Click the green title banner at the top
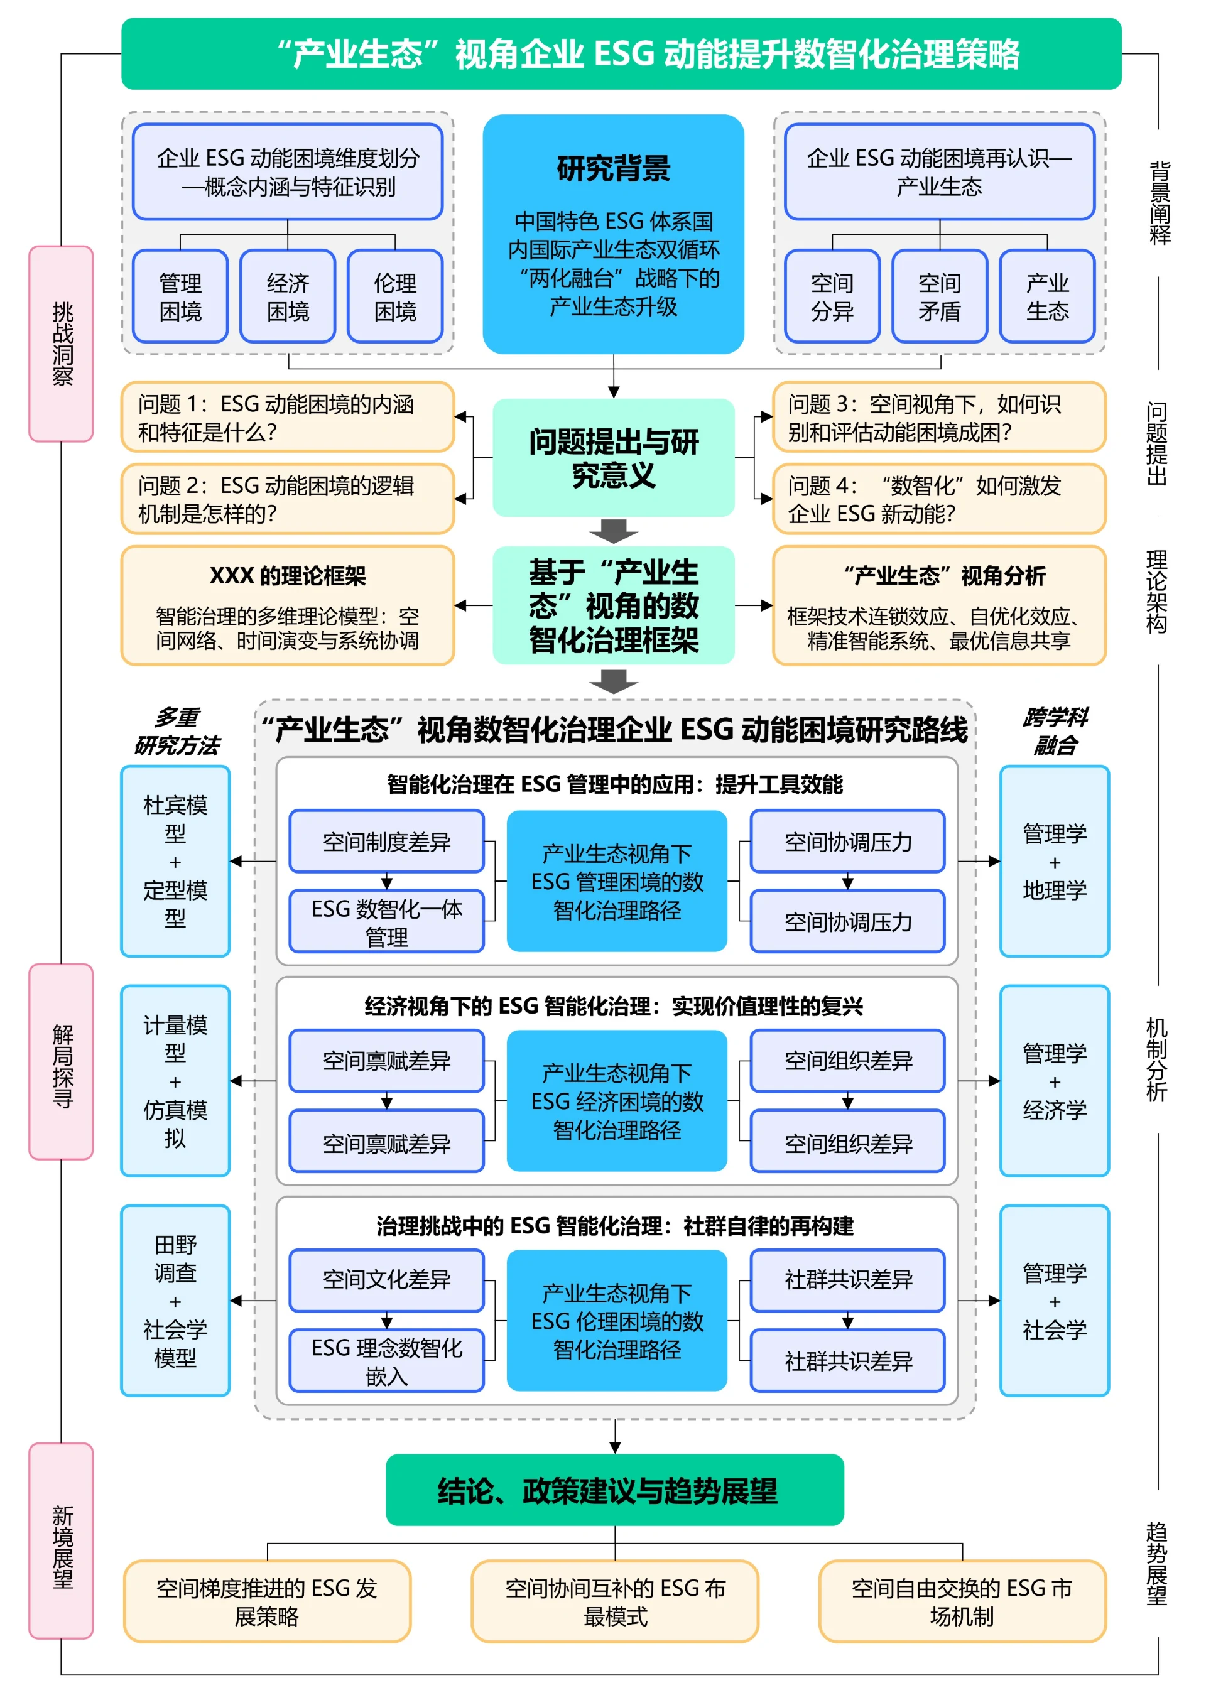tap(621, 53)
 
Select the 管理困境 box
tap(180, 296)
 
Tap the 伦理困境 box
tap(395, 296)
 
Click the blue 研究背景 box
tap(614, 234)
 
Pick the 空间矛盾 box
tap(940, 296)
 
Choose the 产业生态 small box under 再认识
tap(1047, 296)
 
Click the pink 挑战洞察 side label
tap(62, 344)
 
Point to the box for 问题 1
tap(288, 418)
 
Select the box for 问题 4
tap(938, 499)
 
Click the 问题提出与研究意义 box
tap(614, 457)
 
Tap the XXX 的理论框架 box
tap(288, 606)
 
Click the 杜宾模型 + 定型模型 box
tap(175, 862)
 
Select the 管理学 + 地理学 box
tap(1055, 862)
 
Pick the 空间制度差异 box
tap(386, 842)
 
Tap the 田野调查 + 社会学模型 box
tap(175, 1301)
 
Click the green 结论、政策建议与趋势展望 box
tap(614, 1490)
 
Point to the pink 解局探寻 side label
tap(62, 1062)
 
